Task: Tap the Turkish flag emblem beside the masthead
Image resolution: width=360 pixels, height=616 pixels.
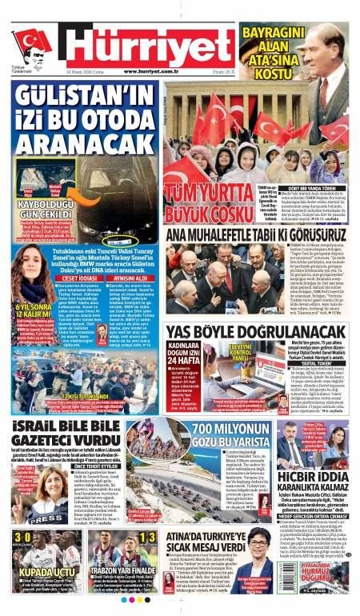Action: (32, 41)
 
